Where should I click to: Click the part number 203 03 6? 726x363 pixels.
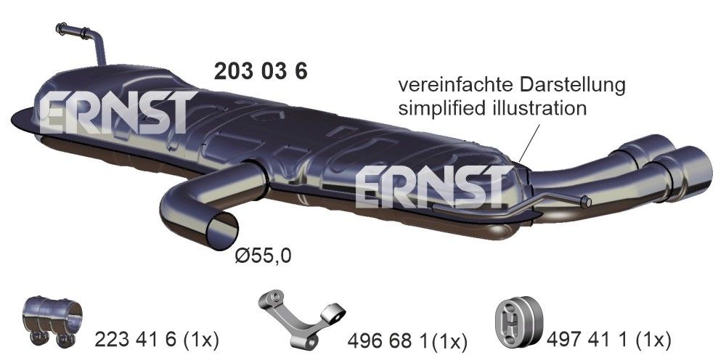point(261,71)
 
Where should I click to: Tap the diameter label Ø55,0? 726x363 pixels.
point(265,255)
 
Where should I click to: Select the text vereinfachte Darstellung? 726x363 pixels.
point(511,85)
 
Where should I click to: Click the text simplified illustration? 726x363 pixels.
point(492,109)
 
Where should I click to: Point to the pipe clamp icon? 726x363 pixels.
point(53,320)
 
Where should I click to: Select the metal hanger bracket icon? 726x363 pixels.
point(301,318)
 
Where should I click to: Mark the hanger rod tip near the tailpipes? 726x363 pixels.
point(587,201)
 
